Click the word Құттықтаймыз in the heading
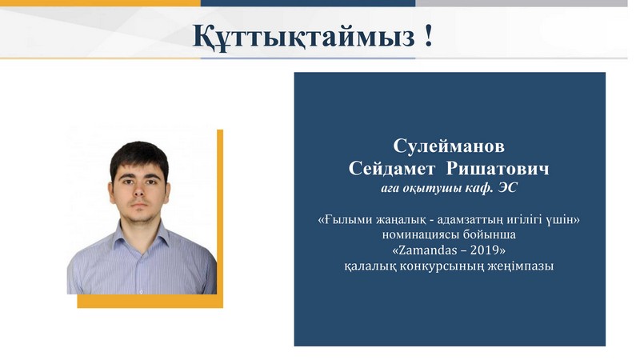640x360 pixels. [x=303, y=36]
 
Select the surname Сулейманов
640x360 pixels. [x=449, y=146]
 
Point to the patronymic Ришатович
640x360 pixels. [x=498, y=168]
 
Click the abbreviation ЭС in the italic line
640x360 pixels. [x=507, y=188]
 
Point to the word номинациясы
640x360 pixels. [x=421, y=234]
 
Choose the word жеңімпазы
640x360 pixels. [x=521, y=266]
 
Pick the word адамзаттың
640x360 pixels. [x=469, y=220]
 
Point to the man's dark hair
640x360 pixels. [x=139, y=157]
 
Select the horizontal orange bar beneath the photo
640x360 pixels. [x=150, y=302]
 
